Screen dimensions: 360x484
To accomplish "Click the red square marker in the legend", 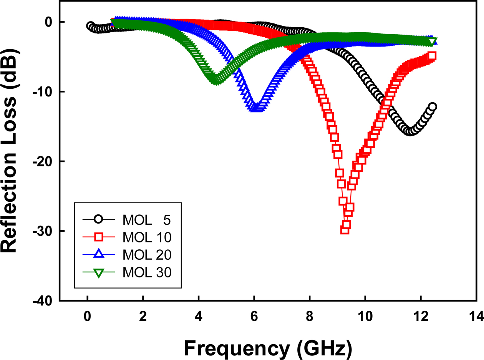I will point(99,237).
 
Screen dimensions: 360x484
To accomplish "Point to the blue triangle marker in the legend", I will point(99,254).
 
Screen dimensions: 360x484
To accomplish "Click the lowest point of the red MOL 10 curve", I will point(345,230).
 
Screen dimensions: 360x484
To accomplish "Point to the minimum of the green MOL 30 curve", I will point(216,80).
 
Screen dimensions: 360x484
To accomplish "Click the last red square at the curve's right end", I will point(432,56).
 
